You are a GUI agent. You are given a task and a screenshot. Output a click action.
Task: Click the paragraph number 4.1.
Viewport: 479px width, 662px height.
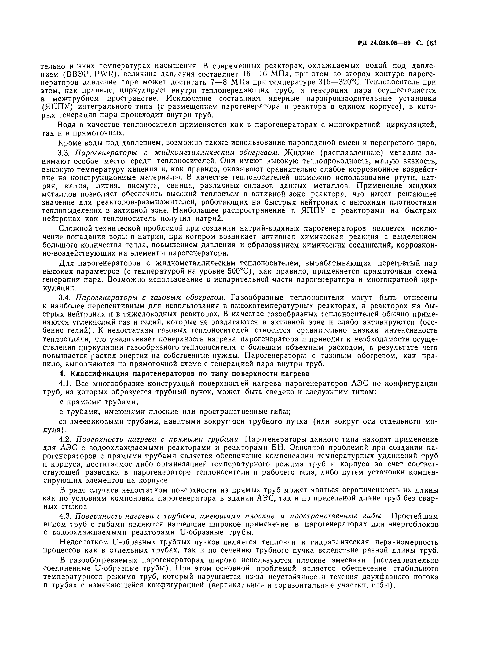click(65, 384)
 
